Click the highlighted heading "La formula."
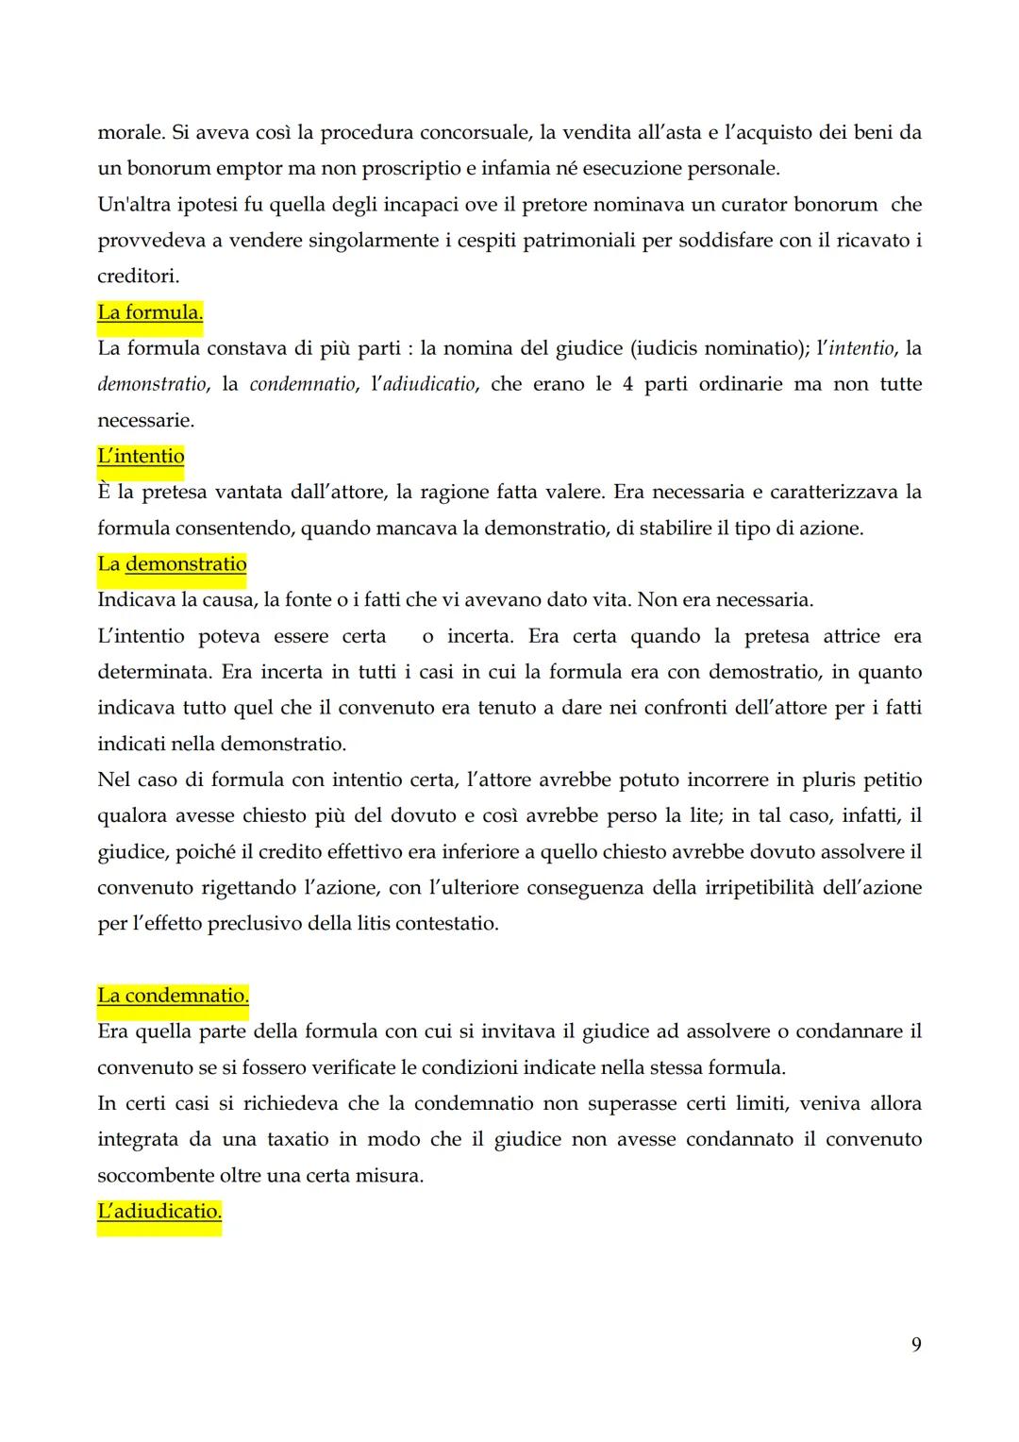click(x=150, y=312)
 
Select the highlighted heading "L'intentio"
click(x=141, y=456)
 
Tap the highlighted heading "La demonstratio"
click(x=172, y=564)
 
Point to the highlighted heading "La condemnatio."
click(x=173, y=996)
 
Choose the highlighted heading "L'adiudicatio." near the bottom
click(x=159, y=1211)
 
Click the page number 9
click(x=916, y=1344)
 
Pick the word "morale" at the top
click(x=130, y=133)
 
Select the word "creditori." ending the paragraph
click(x=138, y=277)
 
